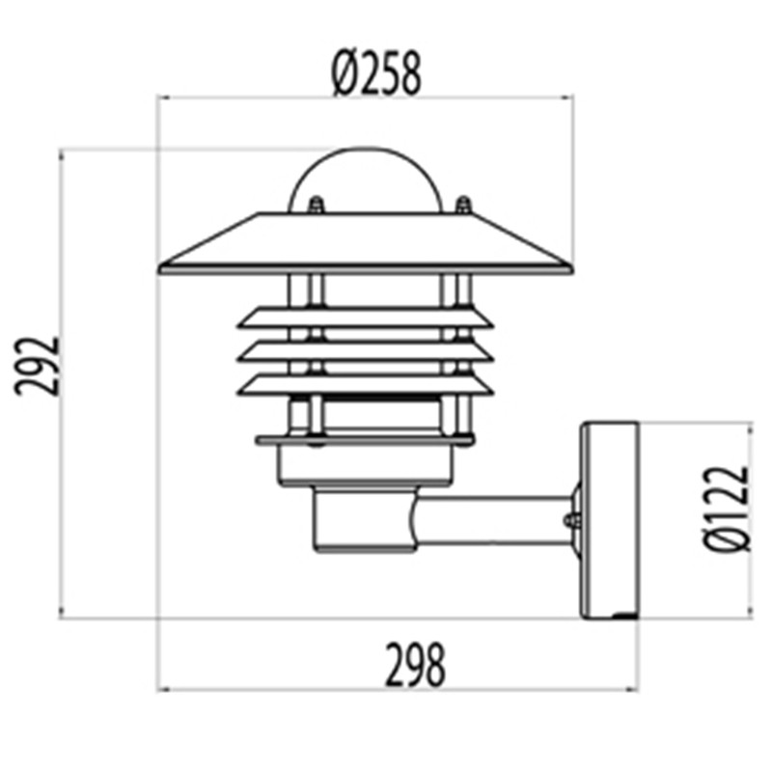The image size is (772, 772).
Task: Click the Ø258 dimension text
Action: [x=376, y=73]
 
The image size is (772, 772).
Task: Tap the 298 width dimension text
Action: [x=415, y=666]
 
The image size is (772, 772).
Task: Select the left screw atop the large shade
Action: [x=315, y=205]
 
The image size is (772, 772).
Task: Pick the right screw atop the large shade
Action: [x=463, y=205]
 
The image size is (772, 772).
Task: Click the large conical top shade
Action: [x=366, y=243]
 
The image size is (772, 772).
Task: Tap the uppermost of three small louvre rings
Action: [x=366, y=317]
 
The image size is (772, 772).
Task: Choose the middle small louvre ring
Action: [x=366, y=351]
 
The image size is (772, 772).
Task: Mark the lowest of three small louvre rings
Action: [x=366, y=385]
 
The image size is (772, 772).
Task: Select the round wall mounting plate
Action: [x=609, y=519]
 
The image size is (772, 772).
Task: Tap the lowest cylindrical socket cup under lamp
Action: [x=362, y=524]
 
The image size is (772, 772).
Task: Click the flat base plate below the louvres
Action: [x=366, y=440]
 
